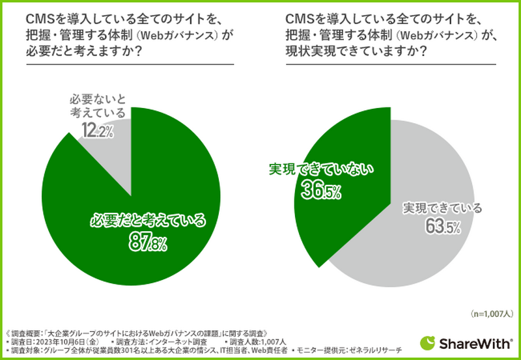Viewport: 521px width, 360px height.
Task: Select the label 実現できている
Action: [442, 208]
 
